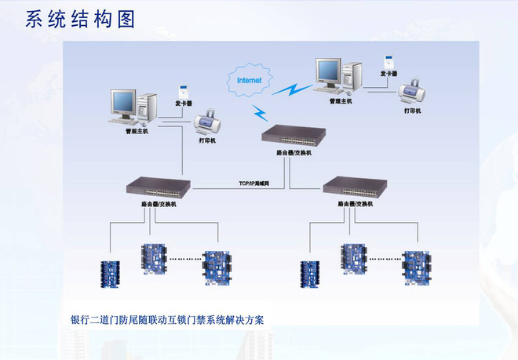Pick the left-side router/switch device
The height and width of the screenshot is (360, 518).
(158, 187)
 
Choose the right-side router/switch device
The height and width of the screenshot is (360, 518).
(354, 187)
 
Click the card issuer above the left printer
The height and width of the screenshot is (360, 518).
(182, 88)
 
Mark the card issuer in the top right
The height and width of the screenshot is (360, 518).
(388, 60)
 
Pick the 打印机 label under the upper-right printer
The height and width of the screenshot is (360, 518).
(413, 111)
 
